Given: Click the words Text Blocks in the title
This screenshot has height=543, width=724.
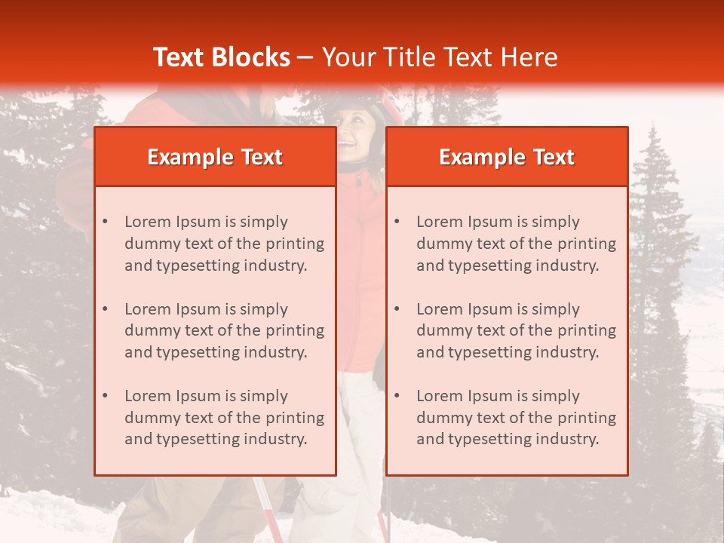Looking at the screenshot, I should (x=221, y=57).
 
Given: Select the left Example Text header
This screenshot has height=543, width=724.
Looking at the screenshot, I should (x=215, y=157).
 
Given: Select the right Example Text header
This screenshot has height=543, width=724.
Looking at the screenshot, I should (x=507, y=157).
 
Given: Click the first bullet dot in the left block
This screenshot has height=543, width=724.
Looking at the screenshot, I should (x=105, y=222).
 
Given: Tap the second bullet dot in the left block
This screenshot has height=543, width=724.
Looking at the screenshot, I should (x=105, y=309).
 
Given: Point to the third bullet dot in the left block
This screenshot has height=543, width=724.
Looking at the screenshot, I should (x=105, y=396).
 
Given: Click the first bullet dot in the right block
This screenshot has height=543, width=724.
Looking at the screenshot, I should (x=397, y=222).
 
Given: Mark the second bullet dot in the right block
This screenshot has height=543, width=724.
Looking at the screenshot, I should (x=397, y=309).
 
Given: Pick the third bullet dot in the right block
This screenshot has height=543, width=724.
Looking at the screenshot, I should (x=397, y=396).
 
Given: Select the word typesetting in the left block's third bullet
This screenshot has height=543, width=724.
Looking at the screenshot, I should (x=199, y=439).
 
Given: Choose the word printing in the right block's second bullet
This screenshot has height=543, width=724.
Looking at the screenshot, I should (x=586, y=330).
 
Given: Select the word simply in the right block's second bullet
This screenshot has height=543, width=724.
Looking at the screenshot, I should (x=556, y=309).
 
